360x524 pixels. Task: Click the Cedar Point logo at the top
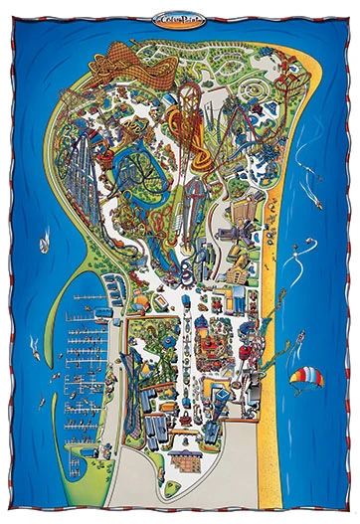179,16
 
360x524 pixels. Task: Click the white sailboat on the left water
45,243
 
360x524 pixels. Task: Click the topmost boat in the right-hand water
316,205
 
